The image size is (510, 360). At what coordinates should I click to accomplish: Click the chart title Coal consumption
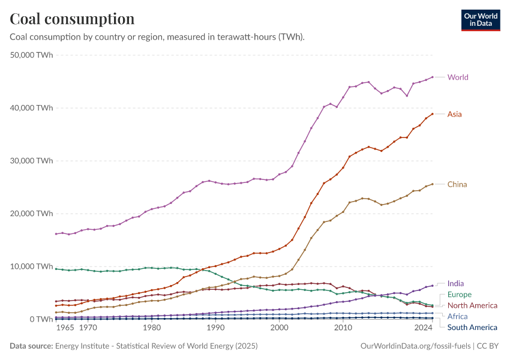click(x=72, y=19)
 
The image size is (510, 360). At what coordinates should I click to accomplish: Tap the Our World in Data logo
click(x=481, y=19)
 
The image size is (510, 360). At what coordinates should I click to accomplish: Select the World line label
click(x=458, y=77)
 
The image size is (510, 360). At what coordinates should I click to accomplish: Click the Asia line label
click(x=455, y=114)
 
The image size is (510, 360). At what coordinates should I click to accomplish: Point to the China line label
click(x=457, y=184)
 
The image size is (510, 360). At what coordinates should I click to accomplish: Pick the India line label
click(x=455, y=284)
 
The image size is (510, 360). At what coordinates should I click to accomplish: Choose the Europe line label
click(x=460, y=295)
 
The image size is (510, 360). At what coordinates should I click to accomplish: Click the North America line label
click(x=472, y=305)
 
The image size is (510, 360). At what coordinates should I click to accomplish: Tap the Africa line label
click(x=457, y=316)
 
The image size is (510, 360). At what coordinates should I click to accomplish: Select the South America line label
click(x=472, y=327)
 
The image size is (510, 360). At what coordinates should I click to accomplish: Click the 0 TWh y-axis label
click(x=41, y=319)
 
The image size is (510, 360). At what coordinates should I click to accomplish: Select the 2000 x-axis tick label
click(x=279, y=329)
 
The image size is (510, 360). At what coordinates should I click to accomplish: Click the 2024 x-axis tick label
click(x=424, y=329)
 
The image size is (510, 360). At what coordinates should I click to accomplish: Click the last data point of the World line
click(x=433, y=77)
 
